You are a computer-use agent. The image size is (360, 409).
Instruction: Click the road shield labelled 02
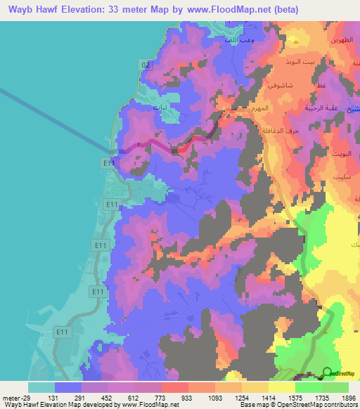[x=146, y=65]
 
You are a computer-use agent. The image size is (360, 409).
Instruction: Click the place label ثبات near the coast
[x=161, y=108]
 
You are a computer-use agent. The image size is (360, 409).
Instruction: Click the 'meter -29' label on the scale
[x=15, y=397]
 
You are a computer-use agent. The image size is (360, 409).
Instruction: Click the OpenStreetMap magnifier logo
[x=328, y=372]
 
